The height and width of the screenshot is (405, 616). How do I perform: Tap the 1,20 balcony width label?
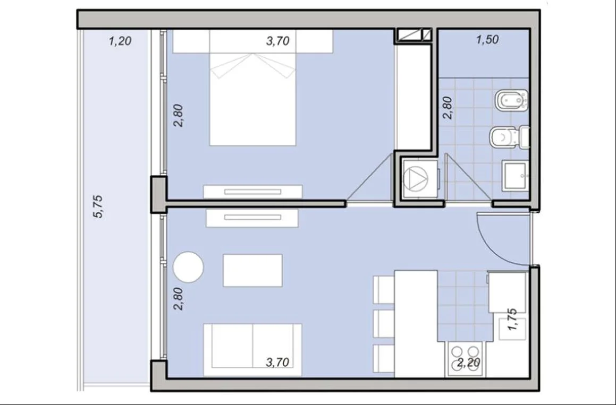point(120,40)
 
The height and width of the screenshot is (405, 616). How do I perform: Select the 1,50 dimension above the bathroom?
point(487,40)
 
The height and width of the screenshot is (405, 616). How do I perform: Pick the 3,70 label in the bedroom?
point(278,40)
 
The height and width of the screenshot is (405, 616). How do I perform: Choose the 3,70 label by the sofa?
point(278,362)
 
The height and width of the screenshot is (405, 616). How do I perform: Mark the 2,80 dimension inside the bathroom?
point(448,108)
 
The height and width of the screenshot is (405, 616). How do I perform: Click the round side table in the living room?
point(188,267)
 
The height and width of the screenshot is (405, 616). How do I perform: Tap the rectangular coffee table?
point(252,270)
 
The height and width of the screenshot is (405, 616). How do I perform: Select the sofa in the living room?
point(252,349)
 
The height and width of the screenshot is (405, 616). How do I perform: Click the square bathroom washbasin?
point(516,176)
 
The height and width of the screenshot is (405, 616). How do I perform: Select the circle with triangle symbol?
point(419,178)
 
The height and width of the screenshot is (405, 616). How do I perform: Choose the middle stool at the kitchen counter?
point(383,323)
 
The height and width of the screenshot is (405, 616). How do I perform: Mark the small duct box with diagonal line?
point(414,35)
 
